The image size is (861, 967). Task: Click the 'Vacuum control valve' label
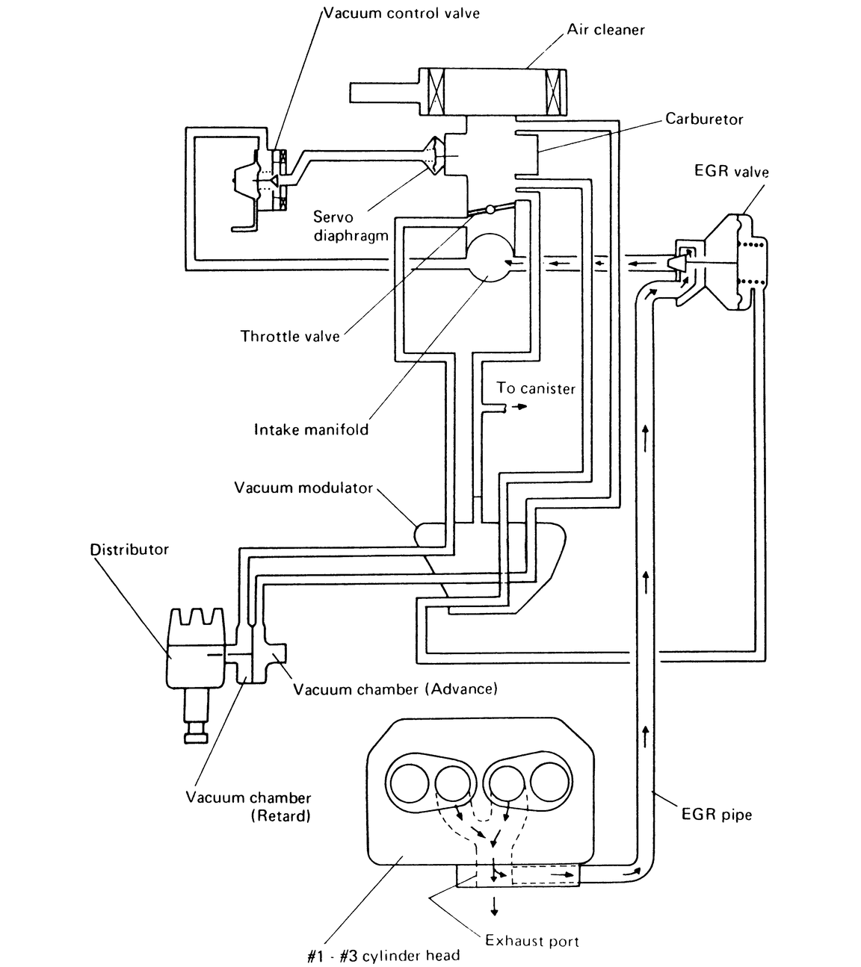[401, 13]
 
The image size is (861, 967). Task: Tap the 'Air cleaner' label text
[605, 30]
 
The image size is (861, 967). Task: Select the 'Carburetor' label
[704, 119]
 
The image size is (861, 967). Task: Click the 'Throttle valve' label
[290, 336]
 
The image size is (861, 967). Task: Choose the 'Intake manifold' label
[311, 429]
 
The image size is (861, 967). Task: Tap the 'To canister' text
[536, 388]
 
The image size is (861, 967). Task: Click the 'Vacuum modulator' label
[303, 488]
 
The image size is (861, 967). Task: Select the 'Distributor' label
[129, 550]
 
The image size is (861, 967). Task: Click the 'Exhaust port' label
[532, 941]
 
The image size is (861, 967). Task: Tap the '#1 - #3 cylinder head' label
[383, 956]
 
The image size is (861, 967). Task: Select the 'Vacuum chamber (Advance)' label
[395, 688]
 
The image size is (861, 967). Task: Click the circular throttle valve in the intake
[490, 256]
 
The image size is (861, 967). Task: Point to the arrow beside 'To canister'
[516, 408]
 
